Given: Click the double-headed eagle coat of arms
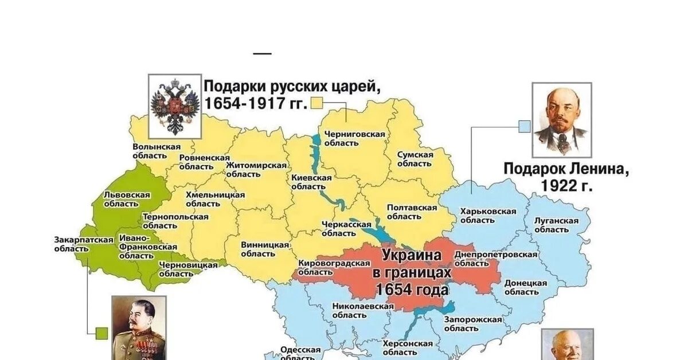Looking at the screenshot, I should point(175,107).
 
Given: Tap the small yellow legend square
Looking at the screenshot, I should point(317,104).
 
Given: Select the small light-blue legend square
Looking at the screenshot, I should point(524,127).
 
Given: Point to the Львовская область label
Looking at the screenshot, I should point(127,199).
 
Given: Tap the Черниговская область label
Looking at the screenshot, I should point(354,138).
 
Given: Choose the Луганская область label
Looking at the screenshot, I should point(556,225).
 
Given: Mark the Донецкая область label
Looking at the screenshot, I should point(525,287).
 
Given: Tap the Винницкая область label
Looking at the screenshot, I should point(264,249).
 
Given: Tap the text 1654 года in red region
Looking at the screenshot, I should point(412,290).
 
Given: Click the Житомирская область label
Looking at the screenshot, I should point(256,169).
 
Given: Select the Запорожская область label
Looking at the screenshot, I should point(469,324).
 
